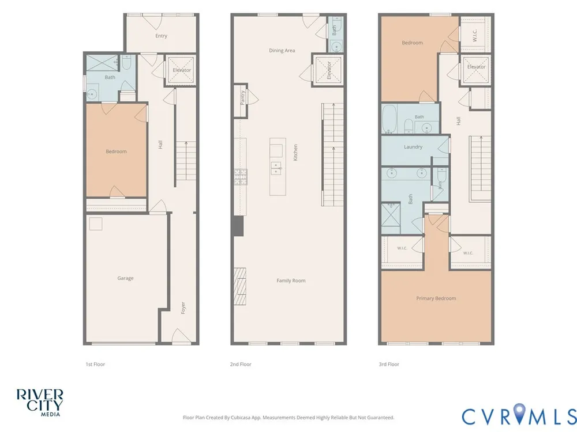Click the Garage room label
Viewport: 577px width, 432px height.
point(125,278)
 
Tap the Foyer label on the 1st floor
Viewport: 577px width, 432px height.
point(183,308)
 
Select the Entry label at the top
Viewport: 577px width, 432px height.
point(161,36)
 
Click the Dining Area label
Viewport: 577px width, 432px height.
point(282,50)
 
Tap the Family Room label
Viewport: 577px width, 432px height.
point(291,281)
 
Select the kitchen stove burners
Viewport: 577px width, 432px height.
point(241,177)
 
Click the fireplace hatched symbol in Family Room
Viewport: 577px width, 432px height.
point(240,286)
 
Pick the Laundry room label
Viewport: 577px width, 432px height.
point(413,146)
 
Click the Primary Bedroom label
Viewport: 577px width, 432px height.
point(436,298)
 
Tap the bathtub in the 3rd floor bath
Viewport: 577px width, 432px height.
point(389,119)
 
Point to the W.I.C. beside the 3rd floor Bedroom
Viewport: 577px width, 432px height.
point(475,35)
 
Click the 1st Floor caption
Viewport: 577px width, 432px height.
point(95,364)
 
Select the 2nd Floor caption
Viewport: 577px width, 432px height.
point(241,364)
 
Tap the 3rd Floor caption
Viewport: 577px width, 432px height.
point(389,364)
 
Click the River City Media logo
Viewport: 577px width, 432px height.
point(40,403)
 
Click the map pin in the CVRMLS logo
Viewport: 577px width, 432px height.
point(519,412)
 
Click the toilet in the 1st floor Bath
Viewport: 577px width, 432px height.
point(126,63)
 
